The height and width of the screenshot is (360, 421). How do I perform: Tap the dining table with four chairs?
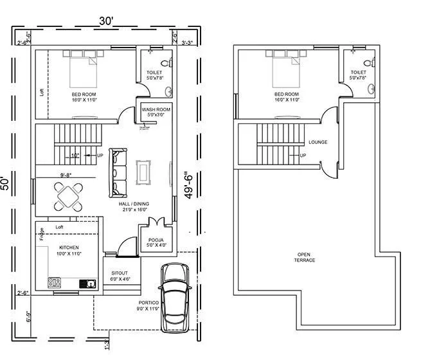point(69,196)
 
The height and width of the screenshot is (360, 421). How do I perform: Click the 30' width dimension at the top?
point(105,22)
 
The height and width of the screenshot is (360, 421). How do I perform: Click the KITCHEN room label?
point(69,248)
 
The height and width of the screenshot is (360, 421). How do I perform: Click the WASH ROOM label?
point(156,110)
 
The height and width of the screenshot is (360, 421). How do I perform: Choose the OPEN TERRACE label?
point(305,256)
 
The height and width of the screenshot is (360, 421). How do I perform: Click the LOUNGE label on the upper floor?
point(318,142)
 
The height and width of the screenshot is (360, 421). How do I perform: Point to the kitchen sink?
point(88,283)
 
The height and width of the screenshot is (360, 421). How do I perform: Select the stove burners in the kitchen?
point(54,282)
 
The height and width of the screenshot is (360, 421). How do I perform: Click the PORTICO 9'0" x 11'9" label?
point(147,306)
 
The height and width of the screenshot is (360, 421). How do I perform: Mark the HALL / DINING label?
point(133,205)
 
